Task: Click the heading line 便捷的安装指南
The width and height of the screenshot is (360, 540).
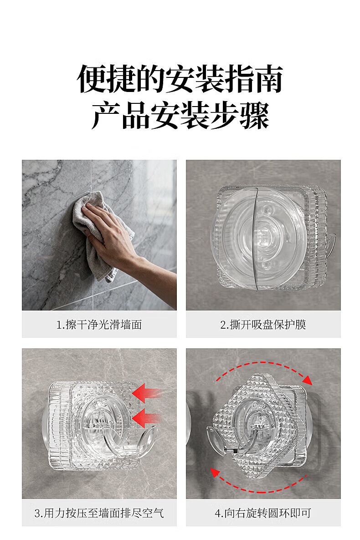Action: (x=180, y=79)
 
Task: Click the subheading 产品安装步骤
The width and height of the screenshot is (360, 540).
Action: (x=180, y=116)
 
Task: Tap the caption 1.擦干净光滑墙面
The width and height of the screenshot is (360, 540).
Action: (x=99, y=325)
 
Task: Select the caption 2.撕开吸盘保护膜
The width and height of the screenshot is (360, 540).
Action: (x=263, y=325)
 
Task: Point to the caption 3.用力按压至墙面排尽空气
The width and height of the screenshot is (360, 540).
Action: (x=99, y=513)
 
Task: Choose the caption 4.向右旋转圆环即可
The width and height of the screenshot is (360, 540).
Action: (x=263, y=513)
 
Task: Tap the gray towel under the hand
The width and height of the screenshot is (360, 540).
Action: (x=100, y=234)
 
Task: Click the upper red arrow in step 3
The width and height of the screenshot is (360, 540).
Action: (x=147, y=393)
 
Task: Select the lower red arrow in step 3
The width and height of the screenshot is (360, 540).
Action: (x=147, y=418)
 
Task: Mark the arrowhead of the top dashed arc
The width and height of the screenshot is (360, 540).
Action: (x=307, y=380)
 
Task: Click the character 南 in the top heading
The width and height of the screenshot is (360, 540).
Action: (x=268, y=79)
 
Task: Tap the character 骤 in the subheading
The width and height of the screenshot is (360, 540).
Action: (x=254, y=116)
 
